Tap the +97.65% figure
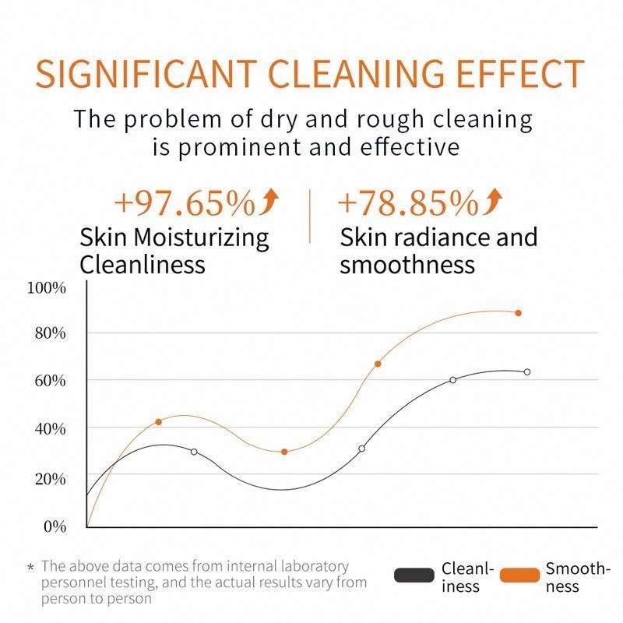185,204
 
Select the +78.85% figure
407,204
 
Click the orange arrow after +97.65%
269,203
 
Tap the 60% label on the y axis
49,381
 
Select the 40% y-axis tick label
49,429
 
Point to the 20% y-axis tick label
49,478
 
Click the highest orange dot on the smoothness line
518,313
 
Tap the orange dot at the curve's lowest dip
284,452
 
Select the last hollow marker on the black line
527,372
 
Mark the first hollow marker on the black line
194,452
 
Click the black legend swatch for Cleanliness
414,576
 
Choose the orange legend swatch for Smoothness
519,576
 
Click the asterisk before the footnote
30,568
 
